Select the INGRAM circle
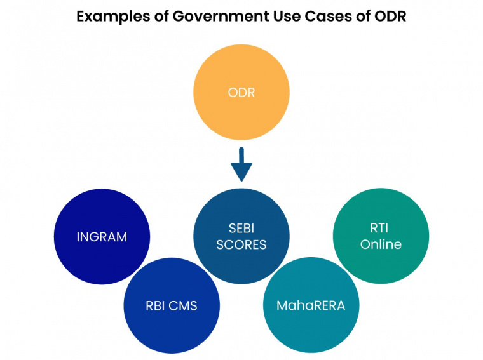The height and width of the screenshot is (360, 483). click(102, 237)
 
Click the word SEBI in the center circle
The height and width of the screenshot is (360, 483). click(241, 228)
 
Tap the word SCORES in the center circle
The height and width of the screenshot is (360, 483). click(241, 244)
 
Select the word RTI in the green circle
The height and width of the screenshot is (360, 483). click(381, 228)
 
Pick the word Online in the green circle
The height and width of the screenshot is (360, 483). click(381, 244)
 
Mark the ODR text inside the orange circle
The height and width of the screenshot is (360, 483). click(241, 93)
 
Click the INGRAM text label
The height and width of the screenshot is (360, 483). click(102, 237)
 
